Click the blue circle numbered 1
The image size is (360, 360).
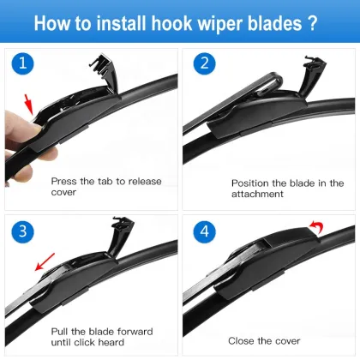25,63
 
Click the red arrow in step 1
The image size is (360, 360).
32,106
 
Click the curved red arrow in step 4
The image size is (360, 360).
315,227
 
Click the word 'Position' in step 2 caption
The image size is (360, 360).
250,183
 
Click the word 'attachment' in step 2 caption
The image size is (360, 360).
258,194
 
